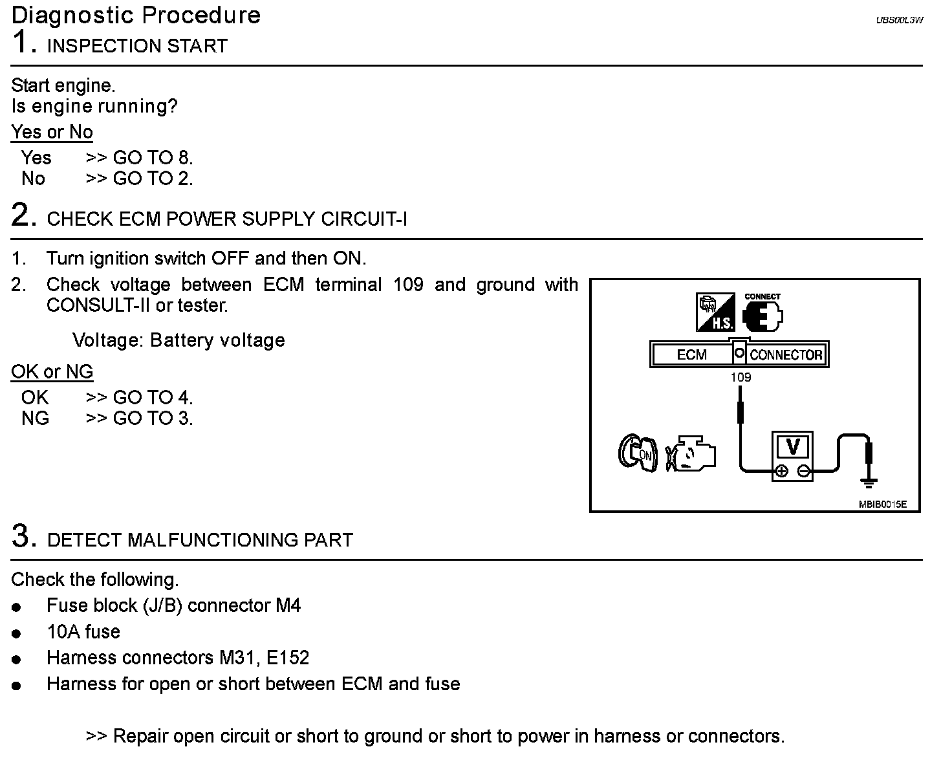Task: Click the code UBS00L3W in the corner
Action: click(x=899, y=21)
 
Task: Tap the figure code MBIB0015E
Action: click(x=882, y=505)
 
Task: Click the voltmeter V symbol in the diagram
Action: click(x=792, y=447)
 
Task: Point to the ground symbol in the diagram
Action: click(x=869, y=481)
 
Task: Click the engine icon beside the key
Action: click(x=691, y=453)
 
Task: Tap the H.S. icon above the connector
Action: click(x=715, y=312)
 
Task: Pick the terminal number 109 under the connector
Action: click(x=741, y=377)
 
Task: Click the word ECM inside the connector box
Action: click(x=691, y=354)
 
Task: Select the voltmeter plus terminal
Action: click(x=781, y=471)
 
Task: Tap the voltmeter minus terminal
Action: click(x=803, y=471)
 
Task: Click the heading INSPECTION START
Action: click(x=137, y=47)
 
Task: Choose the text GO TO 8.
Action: click(x=153, y=158)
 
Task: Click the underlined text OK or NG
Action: click(x=52, y=372)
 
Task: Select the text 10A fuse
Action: click(x=83, y=632)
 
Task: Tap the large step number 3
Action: click(x=21, y=537)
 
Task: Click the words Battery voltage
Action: click(x=217, y=340)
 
